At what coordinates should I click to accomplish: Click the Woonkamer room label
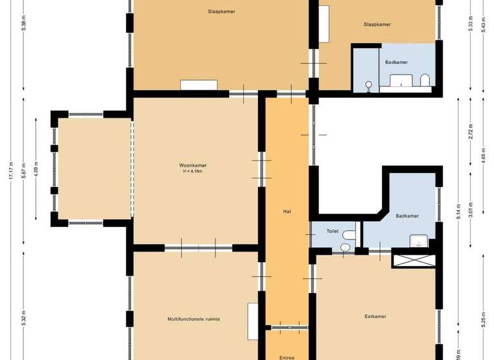click(193, 166)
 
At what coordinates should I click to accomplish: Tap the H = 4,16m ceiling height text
click(193, 172)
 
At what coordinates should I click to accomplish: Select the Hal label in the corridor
click(288, 211)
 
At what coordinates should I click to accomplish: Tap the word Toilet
click(333, 230)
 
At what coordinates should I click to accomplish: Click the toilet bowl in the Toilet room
click(349, 235)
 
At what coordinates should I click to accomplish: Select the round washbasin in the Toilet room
click(345, 247)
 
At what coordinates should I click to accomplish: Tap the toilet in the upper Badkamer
click(425, 80)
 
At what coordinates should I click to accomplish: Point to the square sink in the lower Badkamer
click(419, 242)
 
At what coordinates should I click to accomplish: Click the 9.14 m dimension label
click(458, 212)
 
